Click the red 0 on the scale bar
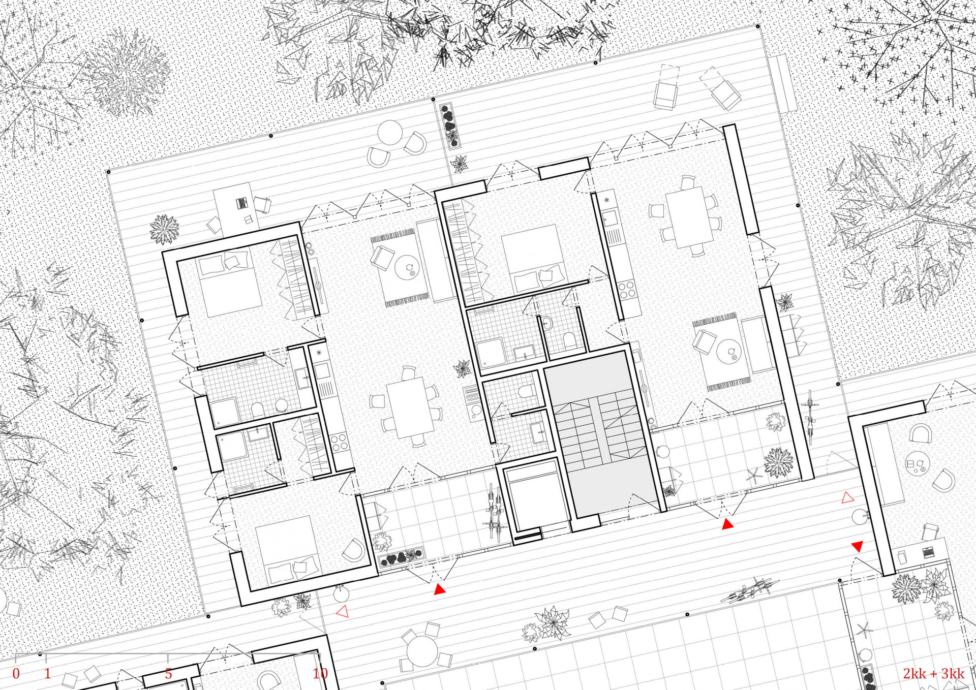coord(16,674)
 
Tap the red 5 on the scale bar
coord(168,674)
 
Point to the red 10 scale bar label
coord(320,674)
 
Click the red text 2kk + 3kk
coord(933,674)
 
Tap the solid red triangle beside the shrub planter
coord(440,589)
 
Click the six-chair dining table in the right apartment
coord(689,216)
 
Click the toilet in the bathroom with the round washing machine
coord(258,409)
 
